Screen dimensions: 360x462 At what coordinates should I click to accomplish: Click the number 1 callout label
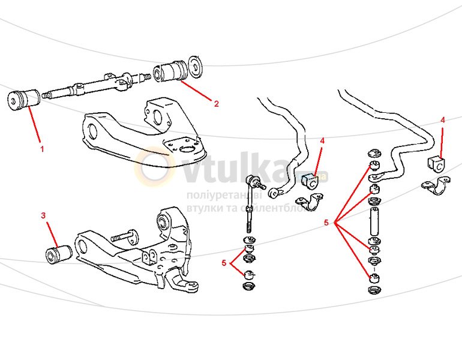41,148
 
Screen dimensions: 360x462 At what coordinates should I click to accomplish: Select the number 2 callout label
217,103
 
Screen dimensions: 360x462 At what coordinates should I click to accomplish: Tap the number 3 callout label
43,215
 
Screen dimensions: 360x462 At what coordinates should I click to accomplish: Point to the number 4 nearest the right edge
443,120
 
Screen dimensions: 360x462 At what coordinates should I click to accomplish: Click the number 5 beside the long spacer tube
326,223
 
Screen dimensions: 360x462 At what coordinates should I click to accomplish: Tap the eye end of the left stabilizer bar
275,193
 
